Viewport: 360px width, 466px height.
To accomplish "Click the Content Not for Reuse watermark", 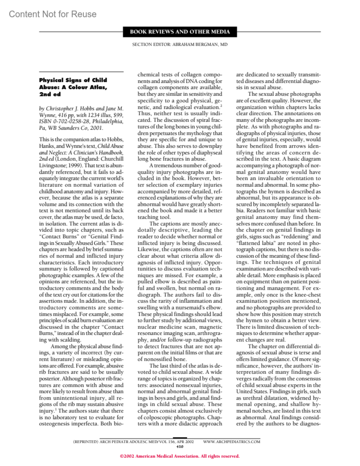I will [x=52, y=14].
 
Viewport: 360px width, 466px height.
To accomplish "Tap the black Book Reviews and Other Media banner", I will [x=180, y=32].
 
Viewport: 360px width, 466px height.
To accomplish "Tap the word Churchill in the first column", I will [x=112, y=159].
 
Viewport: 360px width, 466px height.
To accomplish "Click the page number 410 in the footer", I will [x=180, y=446].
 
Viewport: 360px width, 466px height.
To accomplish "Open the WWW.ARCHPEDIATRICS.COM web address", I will [x=232, y=442].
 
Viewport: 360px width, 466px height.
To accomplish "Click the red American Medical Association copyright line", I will [x=180, y=456].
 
